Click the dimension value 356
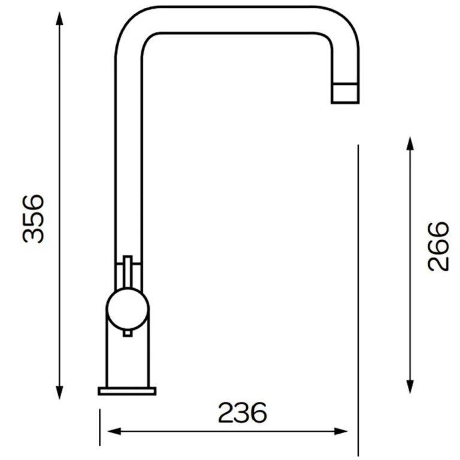coord(34,219)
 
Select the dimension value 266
coord(438,246)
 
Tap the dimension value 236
coord(242,413)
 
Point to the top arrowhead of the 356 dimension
coord(59,17)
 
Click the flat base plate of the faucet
coord(127,391)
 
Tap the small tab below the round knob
coord(127,332)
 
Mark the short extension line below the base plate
coord(99,428)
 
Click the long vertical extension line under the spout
coord(358,299)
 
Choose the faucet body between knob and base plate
coord(127,359)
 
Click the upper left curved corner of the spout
coord(129,27)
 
